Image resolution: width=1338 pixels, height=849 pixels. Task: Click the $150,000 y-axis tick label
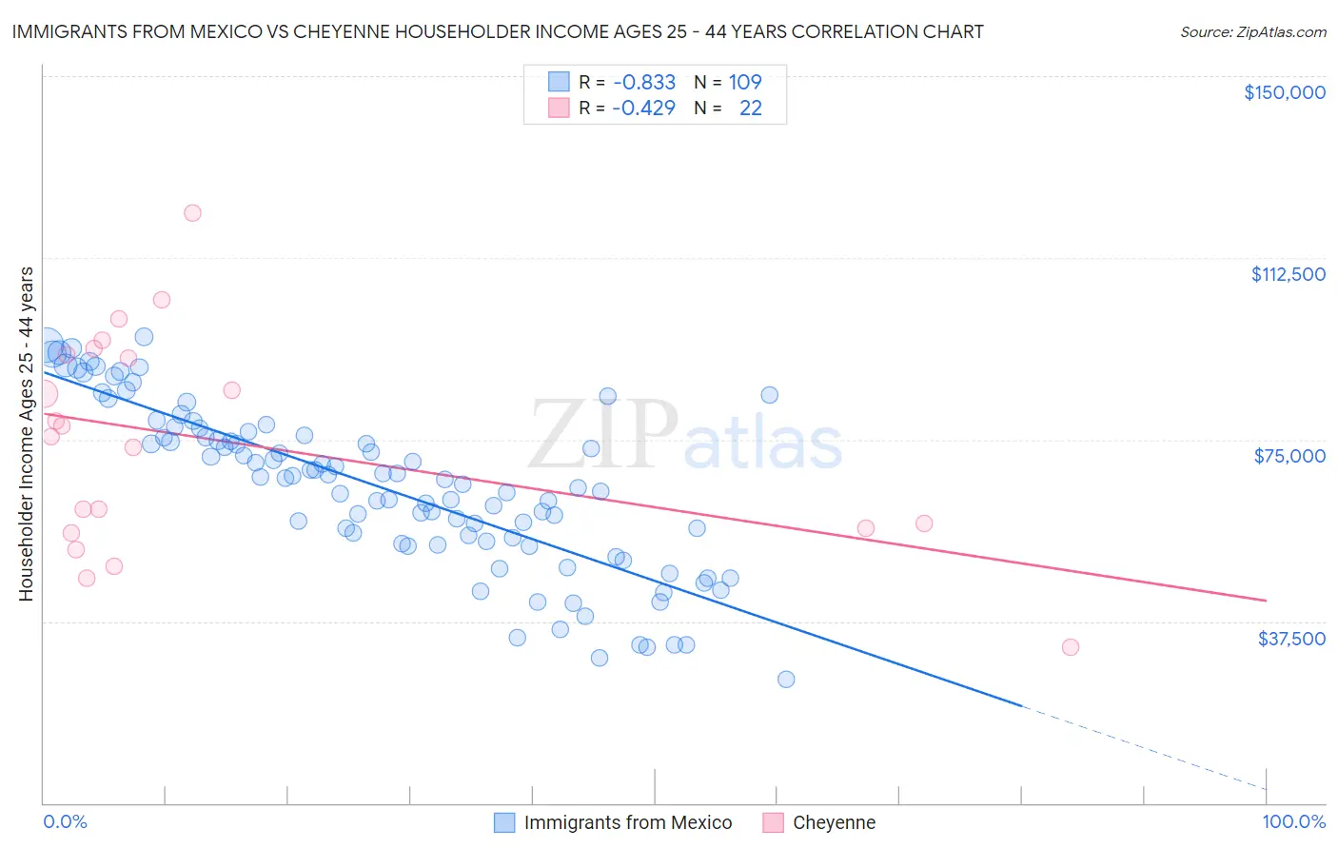coord(1284,92)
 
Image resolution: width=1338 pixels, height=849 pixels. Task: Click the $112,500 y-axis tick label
coord(1288,274)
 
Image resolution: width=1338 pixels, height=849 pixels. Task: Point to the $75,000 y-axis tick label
coord(1289,456)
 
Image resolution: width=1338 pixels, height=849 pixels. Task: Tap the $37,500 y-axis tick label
coord(1290,639)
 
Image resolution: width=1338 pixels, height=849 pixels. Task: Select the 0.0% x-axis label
coord(65,822)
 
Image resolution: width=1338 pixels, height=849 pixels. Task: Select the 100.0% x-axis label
coord(1293,822)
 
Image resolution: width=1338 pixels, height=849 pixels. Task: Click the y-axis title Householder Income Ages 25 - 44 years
coord(26,434)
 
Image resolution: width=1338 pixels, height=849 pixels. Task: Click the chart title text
coord(497,31)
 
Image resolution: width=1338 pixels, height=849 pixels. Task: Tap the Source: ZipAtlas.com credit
coord(1252,31)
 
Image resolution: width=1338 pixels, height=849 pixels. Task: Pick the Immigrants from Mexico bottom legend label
coord(627,822)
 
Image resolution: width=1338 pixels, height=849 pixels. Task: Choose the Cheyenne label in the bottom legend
coord(834,822)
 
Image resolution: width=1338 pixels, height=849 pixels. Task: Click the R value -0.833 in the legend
coord(643,82)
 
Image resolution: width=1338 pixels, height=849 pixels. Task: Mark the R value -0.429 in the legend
coord(643,108)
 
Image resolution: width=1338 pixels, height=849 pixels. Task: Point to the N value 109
coord(745,82)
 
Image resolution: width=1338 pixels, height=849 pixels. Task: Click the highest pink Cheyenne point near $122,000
coord(192,213)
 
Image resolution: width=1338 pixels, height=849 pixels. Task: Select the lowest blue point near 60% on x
coord(786,680)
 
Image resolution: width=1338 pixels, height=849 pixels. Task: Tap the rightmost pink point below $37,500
coord(1071,647)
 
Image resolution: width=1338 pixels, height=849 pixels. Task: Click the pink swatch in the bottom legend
coord(773,822)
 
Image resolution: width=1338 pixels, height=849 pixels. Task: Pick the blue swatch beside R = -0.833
coord(558,82)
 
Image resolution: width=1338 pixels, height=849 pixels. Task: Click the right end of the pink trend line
coord(1266,601)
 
